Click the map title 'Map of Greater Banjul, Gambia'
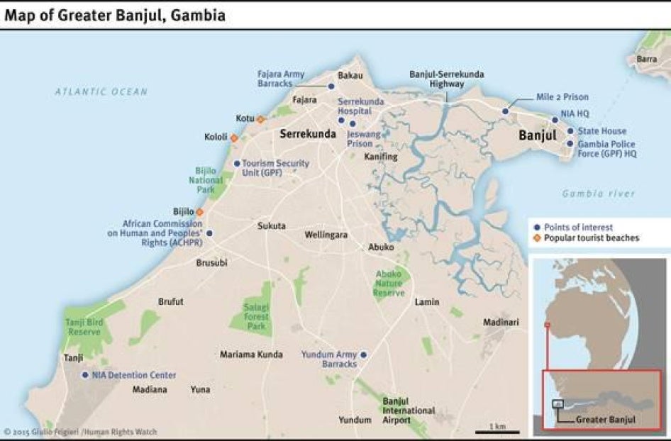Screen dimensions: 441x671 (115, 15)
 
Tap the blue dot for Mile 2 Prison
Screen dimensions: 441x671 (506, 111)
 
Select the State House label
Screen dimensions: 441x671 (601, 131)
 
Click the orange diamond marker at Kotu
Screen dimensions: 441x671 (260, 119)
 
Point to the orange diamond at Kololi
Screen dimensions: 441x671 (234, 138)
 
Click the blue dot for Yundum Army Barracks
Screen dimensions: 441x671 (363, 355)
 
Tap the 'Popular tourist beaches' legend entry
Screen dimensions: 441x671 (592, 238)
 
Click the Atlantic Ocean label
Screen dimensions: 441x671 (101, 91)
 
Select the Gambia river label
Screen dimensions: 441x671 (599, 194)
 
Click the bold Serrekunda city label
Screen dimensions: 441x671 (308, 133)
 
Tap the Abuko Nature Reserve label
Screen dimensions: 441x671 (389, 283)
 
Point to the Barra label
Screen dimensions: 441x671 (646, 59)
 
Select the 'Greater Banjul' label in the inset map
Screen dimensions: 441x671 (605, 419)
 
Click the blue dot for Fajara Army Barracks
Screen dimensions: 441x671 (331, 86)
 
